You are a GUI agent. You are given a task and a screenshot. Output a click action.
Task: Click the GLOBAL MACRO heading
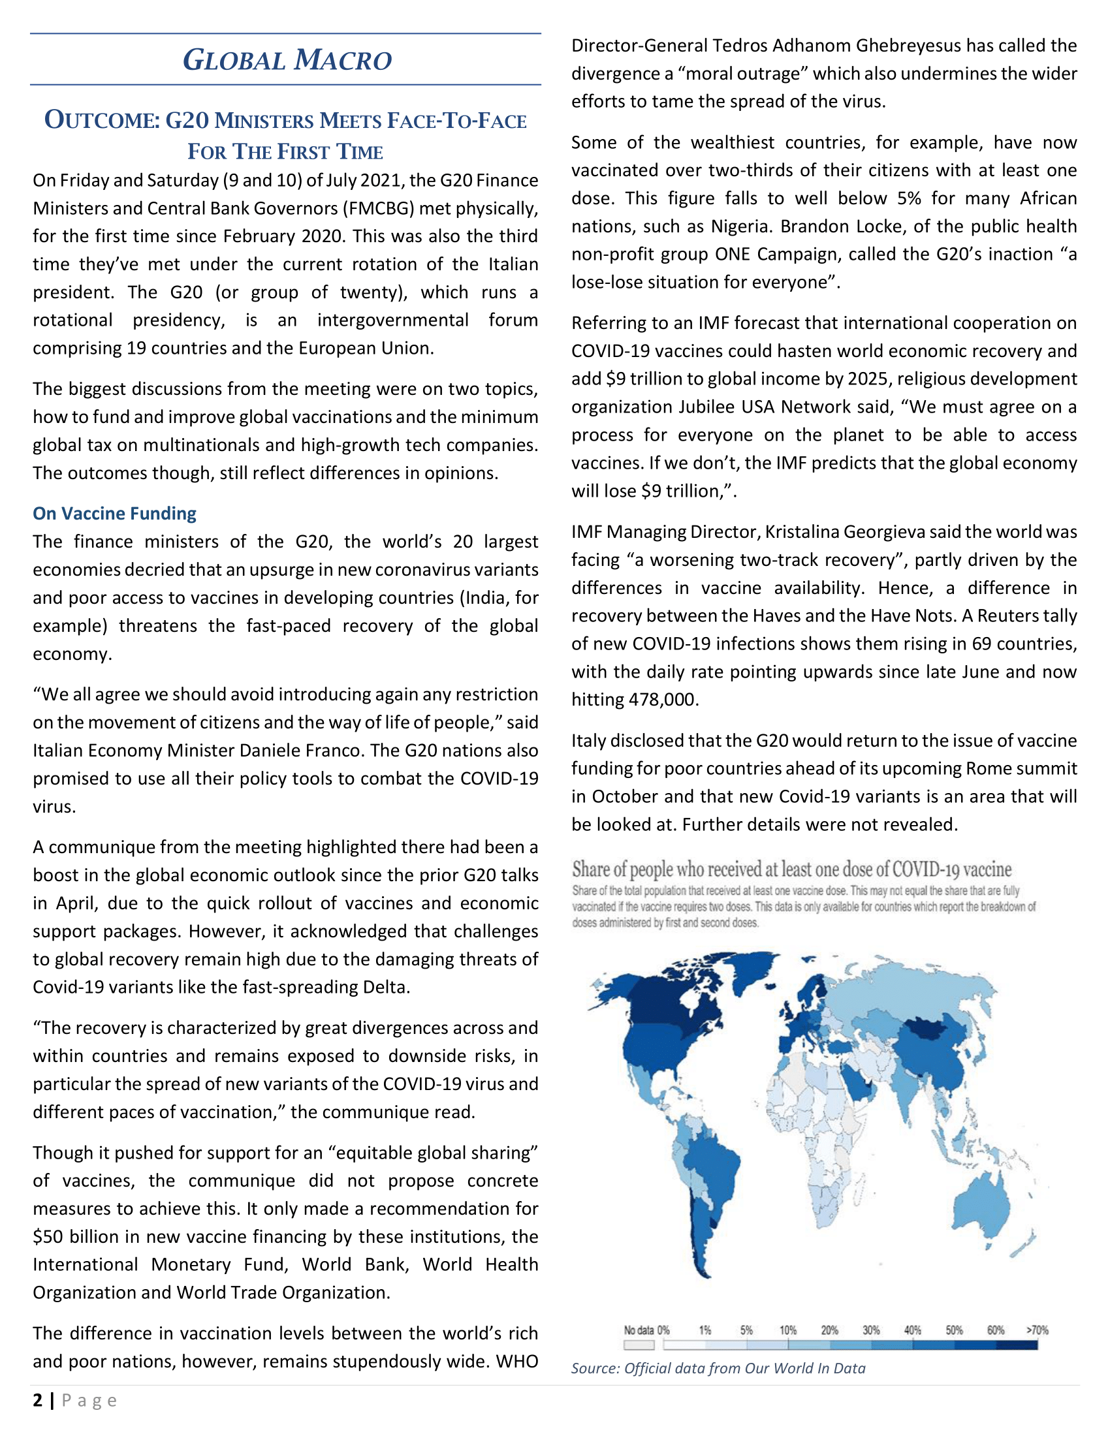click(x=287, y=60)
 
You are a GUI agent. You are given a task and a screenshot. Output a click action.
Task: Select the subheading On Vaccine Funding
click(x=114, y=514)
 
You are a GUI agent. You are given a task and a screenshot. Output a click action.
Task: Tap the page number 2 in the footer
click(x=37, y=1400)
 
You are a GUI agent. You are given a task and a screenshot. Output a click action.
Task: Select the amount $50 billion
click(x=76, y=1237)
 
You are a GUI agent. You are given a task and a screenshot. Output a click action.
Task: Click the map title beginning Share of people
click(x=791, y=869)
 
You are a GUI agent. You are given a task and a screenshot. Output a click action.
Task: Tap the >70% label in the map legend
click(x=1037, y=1330)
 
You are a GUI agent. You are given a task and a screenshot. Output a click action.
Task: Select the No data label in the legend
click(x=639, y=1330)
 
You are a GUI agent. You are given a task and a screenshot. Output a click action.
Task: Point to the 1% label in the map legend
click(x=705, y=1330)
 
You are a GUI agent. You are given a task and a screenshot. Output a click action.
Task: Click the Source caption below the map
click(x=718, y=1368)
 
